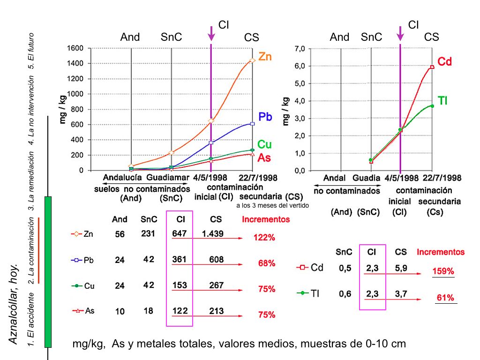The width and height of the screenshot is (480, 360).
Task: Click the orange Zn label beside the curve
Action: [x=265, y=57]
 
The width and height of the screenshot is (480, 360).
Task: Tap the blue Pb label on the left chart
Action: [x=265, y=117]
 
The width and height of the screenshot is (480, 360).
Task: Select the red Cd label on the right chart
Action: [x=444, y=61]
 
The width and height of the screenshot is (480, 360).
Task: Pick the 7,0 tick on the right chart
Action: [x=300, y=49]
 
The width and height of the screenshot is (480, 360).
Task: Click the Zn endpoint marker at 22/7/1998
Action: [x=253, y=60]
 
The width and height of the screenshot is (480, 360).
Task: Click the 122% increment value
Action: [x=264, y=238]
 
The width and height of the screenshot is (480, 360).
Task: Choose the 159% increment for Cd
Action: [x=443, y=271]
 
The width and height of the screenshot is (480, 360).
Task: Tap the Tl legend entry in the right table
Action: [x=310, y=293]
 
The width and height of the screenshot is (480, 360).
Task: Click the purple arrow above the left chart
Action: [x=211, y=33]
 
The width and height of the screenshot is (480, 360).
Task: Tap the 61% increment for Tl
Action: [x=445, y=297]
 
